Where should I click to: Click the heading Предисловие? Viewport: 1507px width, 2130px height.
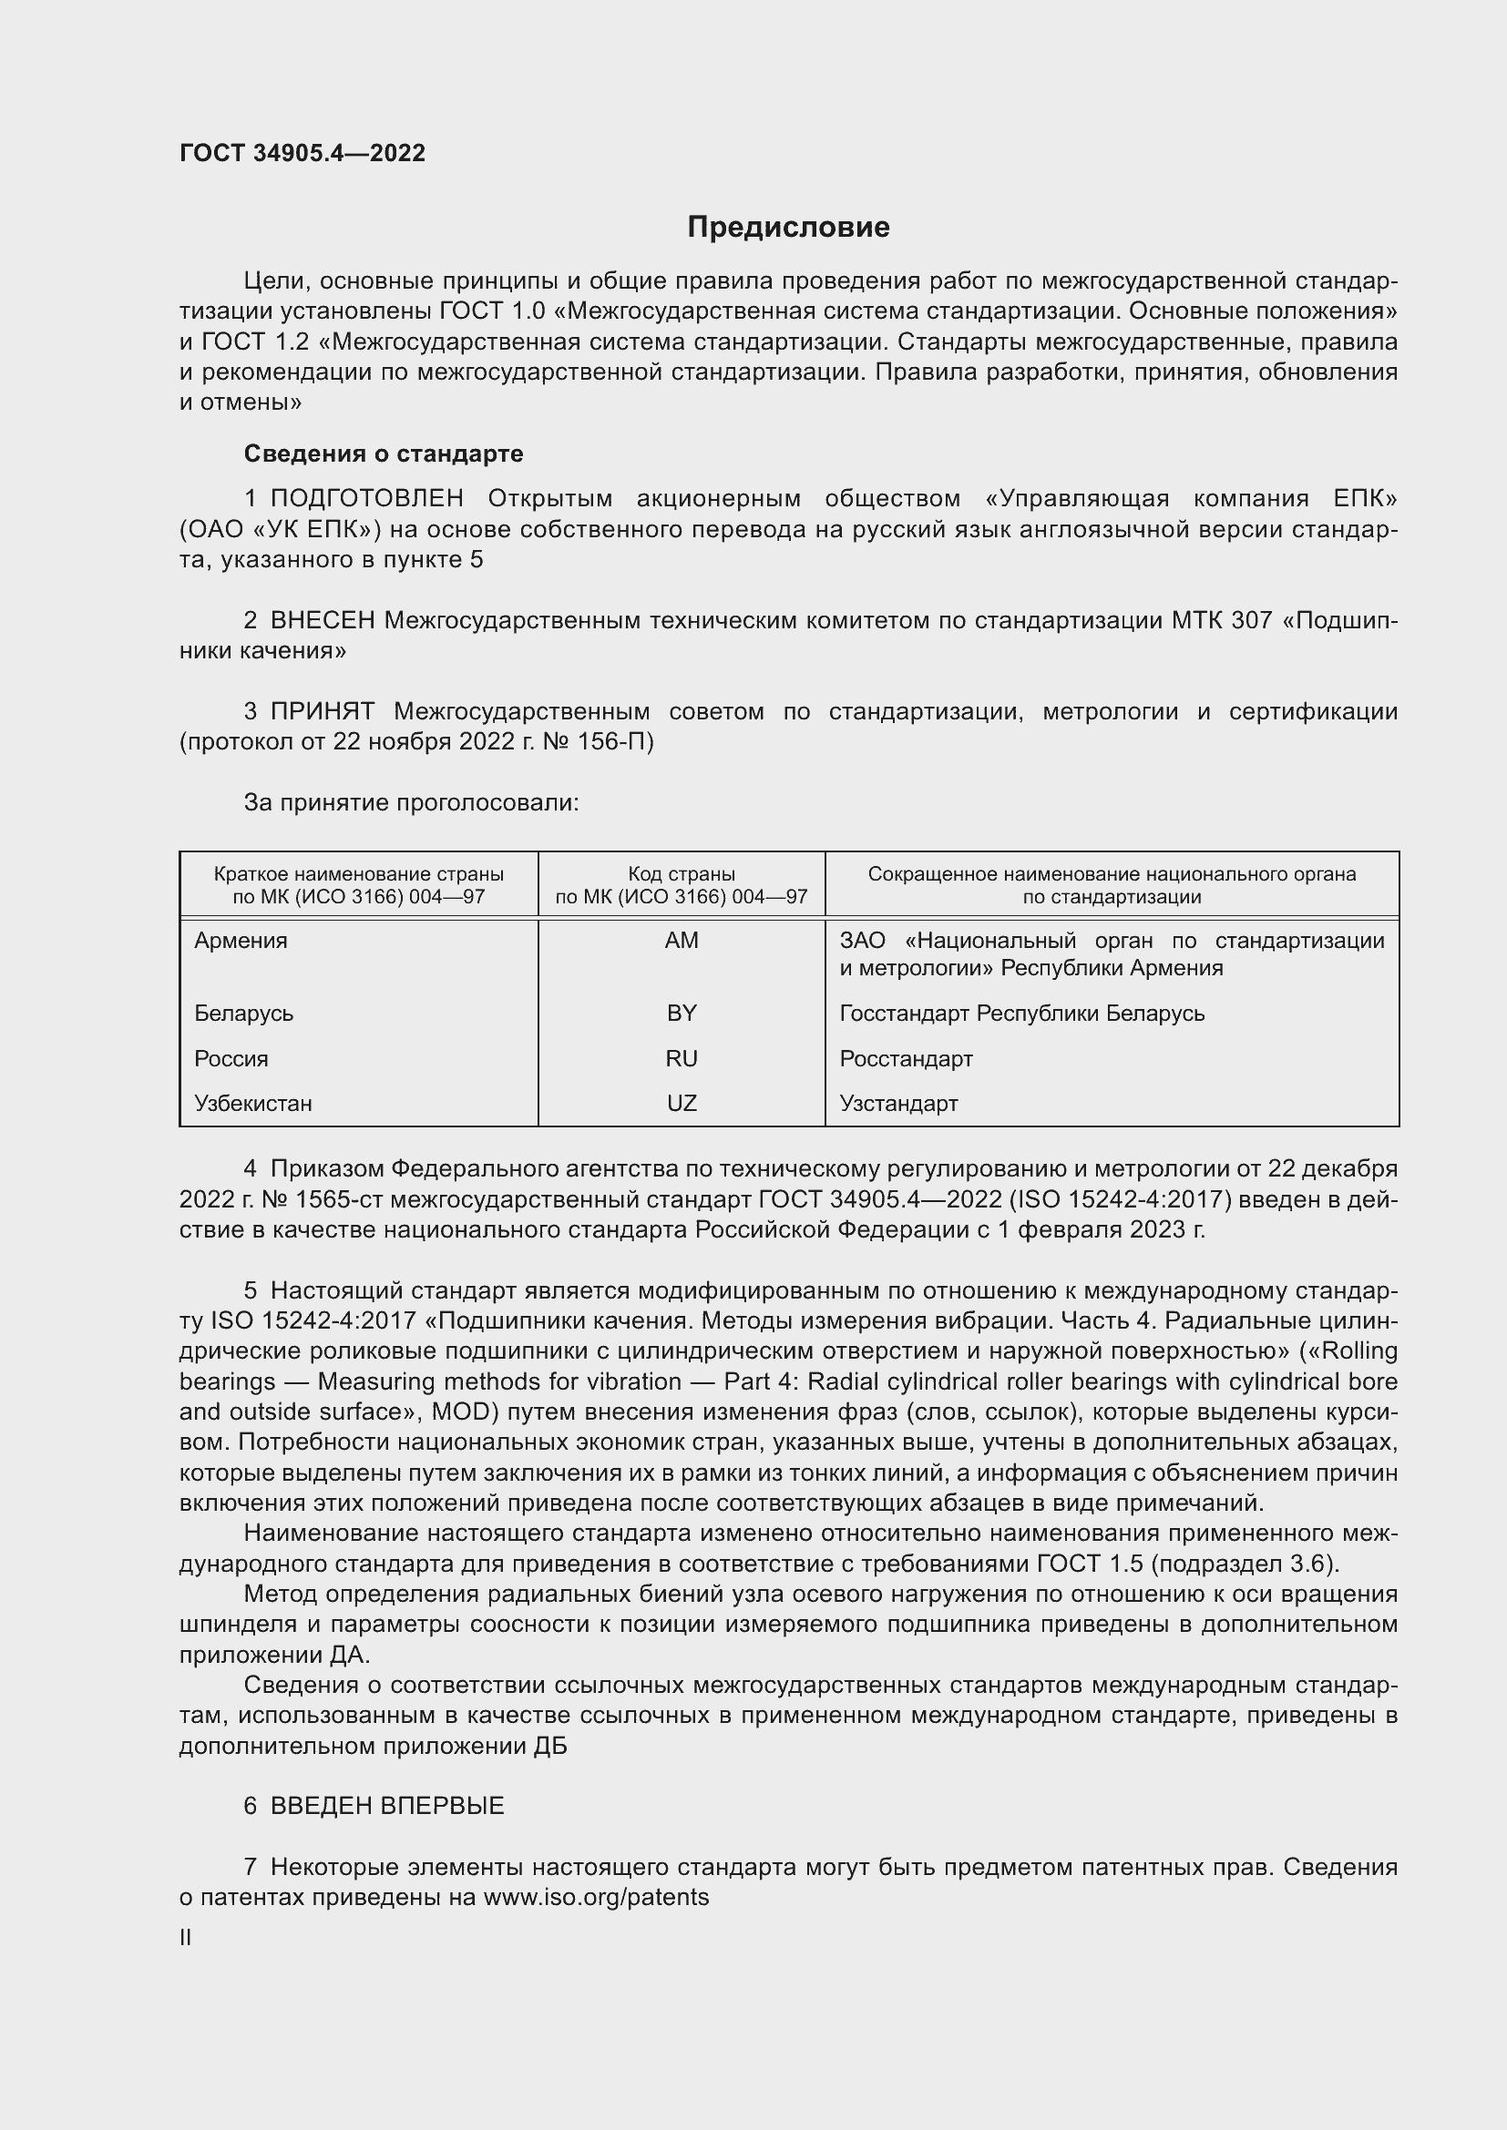tap(788, 228)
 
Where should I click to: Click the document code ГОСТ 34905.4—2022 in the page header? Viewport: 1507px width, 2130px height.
tap(302, 153)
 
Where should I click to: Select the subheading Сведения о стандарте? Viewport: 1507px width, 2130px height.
tap(384, 454)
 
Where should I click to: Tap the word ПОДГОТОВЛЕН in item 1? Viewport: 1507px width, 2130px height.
tap(366, 498)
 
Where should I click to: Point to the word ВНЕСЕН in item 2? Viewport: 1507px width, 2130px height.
tap(322, 620)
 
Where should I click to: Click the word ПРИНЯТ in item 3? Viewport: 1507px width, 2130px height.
tap(322, 711)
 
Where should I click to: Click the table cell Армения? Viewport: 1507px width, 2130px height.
tap(241, 941)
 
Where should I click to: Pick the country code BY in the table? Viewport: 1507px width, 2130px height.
tap(682, 1013)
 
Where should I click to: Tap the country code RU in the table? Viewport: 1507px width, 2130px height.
tap(682, 1058)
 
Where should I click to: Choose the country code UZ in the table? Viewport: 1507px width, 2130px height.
tap(682, 1104)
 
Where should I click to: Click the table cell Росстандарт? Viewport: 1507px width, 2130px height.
tap(906, 1058)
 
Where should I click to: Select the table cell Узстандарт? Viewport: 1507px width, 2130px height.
tap(898, 1104)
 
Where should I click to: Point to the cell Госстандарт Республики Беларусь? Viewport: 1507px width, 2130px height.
tap(1021, 1013)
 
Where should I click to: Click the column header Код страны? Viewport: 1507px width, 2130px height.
tap(682, 874)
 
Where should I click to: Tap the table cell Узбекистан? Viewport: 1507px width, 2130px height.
tap(253, 1104)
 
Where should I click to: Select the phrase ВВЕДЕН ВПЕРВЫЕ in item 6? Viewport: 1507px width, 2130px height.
tap(387, 1806)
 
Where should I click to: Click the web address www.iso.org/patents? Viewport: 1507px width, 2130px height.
tap(596, 1897)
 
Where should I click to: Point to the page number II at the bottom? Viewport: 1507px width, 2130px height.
tap(186, 1938)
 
